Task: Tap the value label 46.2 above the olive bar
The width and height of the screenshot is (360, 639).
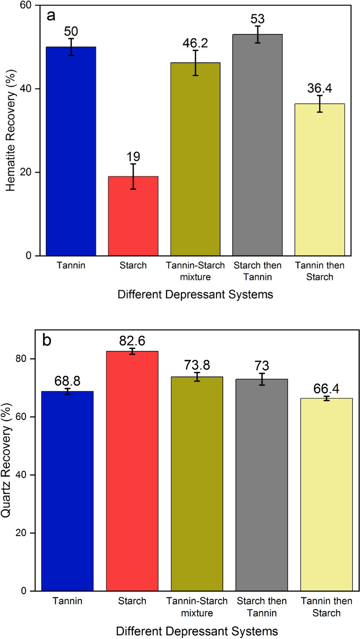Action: [195, 43]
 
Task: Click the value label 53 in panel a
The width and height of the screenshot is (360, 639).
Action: [257, 19]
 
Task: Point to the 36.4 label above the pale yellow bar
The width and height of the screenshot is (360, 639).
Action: [319, 89]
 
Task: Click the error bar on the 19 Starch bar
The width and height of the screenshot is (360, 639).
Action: [133, 177]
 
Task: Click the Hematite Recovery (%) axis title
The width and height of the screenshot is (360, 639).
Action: [10, 130]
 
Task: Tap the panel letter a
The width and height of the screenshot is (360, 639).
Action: [51, 16]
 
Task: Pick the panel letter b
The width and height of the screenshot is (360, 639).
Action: [47, 340]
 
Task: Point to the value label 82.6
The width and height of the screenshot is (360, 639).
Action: [132, 341]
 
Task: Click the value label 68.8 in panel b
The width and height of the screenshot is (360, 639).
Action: [67, 381]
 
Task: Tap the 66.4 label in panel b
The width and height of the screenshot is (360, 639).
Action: [326, 389]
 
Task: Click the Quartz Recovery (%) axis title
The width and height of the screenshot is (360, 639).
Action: [6, 460]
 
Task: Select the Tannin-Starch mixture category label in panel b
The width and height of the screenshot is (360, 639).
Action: [197, 607]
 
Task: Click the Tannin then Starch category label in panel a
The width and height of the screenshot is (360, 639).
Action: [319, 271]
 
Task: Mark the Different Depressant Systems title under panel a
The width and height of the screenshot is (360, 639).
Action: [195, 295]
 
